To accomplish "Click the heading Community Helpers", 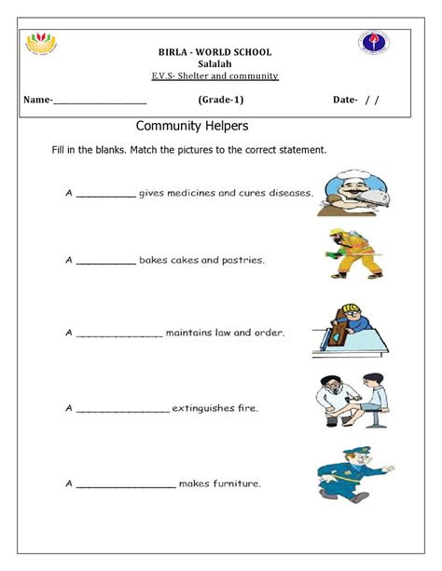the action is point(191,125).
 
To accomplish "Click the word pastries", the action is point(241,261).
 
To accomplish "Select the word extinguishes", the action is point(205,408).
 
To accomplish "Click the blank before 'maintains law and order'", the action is point(118,333).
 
